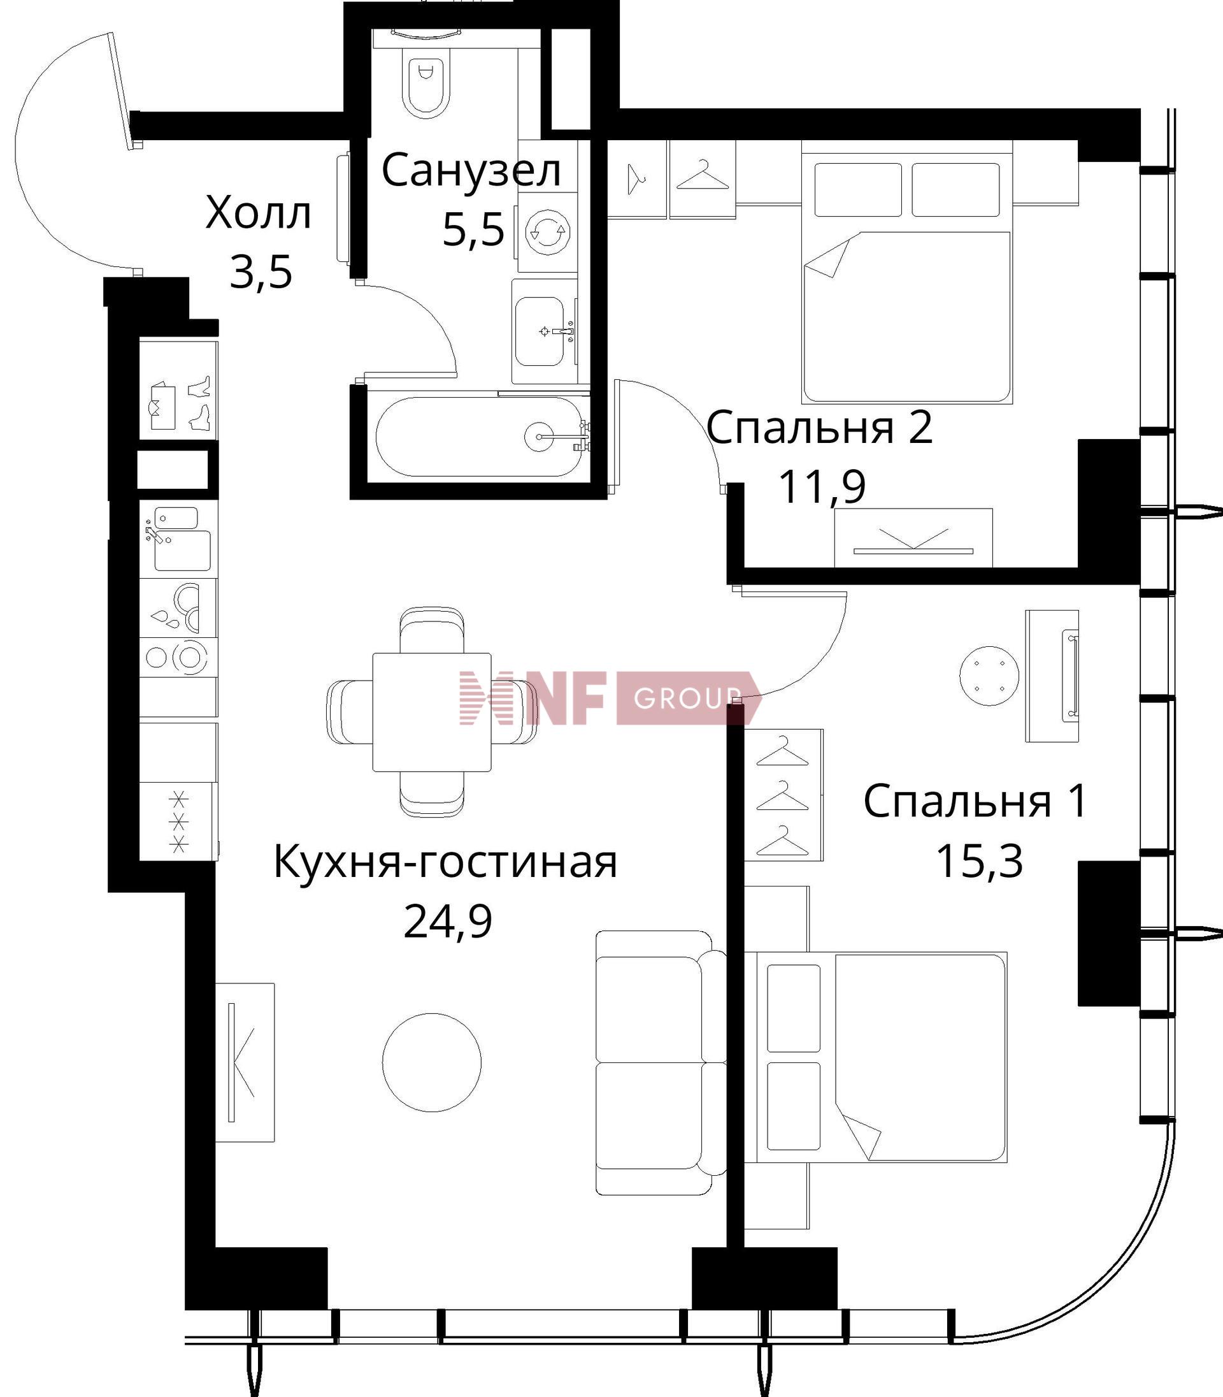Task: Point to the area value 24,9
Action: click(448, 921)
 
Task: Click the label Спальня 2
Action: click(819, 428)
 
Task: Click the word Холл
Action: click(258, 213)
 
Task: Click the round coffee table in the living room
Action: click(431, 1062)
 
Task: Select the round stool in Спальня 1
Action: click(989, 676)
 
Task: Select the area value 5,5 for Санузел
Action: click(473, 229)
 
